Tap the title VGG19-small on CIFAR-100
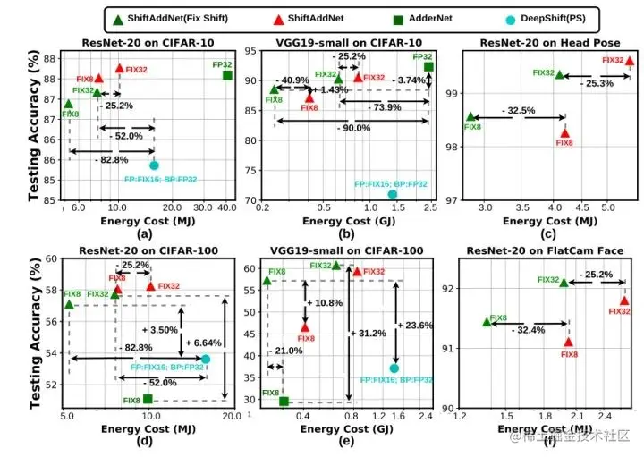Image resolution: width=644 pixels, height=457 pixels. [346, 250]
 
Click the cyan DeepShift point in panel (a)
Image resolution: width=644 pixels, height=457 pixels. [154, 165]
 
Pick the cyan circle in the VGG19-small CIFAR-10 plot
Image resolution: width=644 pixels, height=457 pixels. [392, 194]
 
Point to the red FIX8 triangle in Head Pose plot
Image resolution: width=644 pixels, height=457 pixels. [564, 133]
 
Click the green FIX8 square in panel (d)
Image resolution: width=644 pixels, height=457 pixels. [148, 398]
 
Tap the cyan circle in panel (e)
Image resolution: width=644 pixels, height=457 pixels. [394, 368]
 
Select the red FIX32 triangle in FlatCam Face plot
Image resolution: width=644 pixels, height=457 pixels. [624, 300]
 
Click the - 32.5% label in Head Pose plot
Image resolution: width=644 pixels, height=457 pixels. [518, 111]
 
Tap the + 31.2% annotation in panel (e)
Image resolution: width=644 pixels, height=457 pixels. [366, 333]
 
